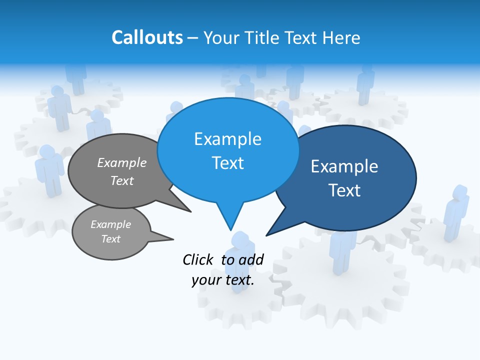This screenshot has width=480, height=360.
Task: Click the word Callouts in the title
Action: [147, 37]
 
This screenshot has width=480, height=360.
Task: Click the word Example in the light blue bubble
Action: [227, 139]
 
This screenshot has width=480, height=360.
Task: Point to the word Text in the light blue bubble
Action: [227, 163]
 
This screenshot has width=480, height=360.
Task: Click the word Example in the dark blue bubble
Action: [344, 166]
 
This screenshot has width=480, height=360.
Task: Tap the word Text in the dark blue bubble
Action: [344, 190]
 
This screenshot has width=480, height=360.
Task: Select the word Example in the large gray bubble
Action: [122, 163]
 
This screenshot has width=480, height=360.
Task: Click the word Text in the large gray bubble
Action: [122, 181]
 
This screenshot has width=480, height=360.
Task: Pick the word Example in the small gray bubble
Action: [110, 224]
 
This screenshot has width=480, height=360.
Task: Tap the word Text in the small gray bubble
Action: [110, 239]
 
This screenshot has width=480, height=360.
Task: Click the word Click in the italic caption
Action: [199, 259]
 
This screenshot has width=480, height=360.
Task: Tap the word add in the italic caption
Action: [251, 259]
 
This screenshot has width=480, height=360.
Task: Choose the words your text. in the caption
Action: [223, 280]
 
